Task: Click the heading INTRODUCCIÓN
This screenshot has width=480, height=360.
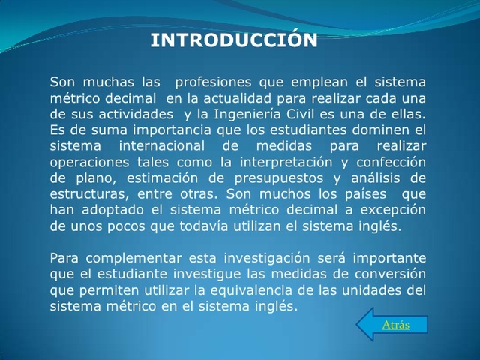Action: coord(234,40)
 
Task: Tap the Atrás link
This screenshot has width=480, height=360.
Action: coord(396,325)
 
